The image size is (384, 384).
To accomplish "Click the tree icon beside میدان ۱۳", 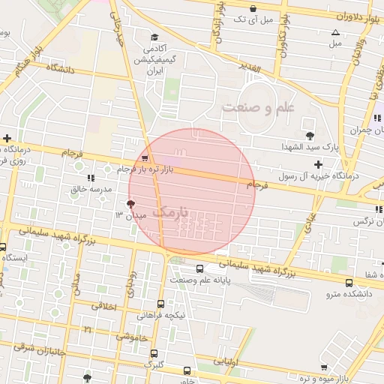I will (131, 204).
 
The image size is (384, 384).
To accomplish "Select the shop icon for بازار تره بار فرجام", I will (145, 158).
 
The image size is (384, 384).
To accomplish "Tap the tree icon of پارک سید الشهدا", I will (310, 136).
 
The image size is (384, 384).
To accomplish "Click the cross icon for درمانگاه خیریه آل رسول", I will (318, 164).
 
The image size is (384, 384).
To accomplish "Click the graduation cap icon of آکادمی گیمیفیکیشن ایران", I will (154, 37).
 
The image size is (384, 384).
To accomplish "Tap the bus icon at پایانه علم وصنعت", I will (199, 268).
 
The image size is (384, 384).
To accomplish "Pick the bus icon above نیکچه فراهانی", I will (161, 304).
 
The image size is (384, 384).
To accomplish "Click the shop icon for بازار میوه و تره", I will (324, 367).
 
